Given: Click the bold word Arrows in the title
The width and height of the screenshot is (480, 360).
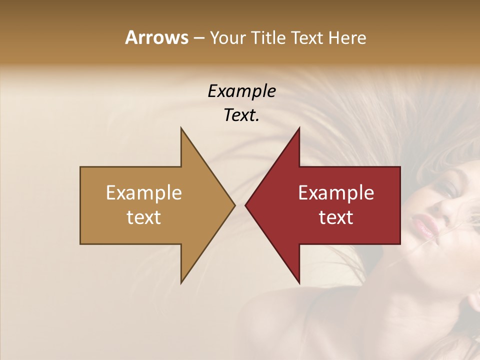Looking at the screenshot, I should (x=156, y=37).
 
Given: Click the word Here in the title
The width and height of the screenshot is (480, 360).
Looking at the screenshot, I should (x=347, y=37).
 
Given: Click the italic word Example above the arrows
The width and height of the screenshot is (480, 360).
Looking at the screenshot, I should (x=241, y=91).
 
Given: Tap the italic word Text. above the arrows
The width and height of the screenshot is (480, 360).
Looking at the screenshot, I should (x=241, y=115).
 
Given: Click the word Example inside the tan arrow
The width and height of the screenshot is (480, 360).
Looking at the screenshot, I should (x=143, y=192).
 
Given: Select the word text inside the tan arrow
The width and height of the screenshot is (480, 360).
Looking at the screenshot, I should (x=143, y=217).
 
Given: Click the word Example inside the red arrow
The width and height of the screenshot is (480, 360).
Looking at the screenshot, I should (x=336, y=192).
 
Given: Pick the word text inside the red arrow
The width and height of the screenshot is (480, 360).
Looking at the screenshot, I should (x=336, y=217).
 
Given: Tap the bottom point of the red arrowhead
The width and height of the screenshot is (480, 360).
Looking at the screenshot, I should (x=299, y=282).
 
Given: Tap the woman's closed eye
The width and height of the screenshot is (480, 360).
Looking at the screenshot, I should (x=448, y=189).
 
